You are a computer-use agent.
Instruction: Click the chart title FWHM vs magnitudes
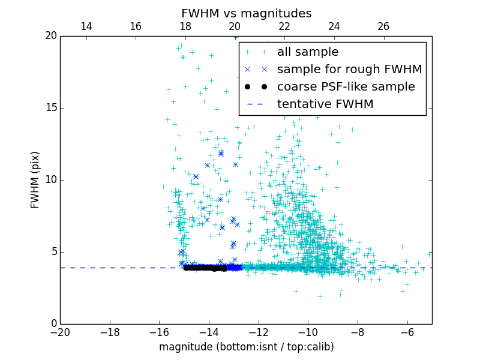pos(246,13)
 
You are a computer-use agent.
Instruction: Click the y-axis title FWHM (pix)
pos(35,180)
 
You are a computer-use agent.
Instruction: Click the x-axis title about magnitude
pos(246,347)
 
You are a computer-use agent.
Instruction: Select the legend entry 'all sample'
pos(308,52)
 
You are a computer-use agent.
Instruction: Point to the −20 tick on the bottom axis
pos(60,332)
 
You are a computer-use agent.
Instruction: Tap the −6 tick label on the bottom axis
pos(407,332)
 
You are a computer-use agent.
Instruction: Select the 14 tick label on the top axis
pos(86,26)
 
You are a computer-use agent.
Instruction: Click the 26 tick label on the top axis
pos(383,26)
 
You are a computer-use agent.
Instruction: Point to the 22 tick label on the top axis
pos(284,26)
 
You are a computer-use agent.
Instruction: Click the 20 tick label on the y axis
pos(50,36)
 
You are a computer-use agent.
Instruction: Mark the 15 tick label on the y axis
pos(50,108)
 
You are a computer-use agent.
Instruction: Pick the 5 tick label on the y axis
pos(53,252)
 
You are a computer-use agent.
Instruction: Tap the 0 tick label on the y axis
pos(53,324)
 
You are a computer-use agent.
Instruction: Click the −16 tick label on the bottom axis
pos(159,332)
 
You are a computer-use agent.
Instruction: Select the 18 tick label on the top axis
pos(185,26)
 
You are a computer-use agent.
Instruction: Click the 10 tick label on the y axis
pos(50,180)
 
